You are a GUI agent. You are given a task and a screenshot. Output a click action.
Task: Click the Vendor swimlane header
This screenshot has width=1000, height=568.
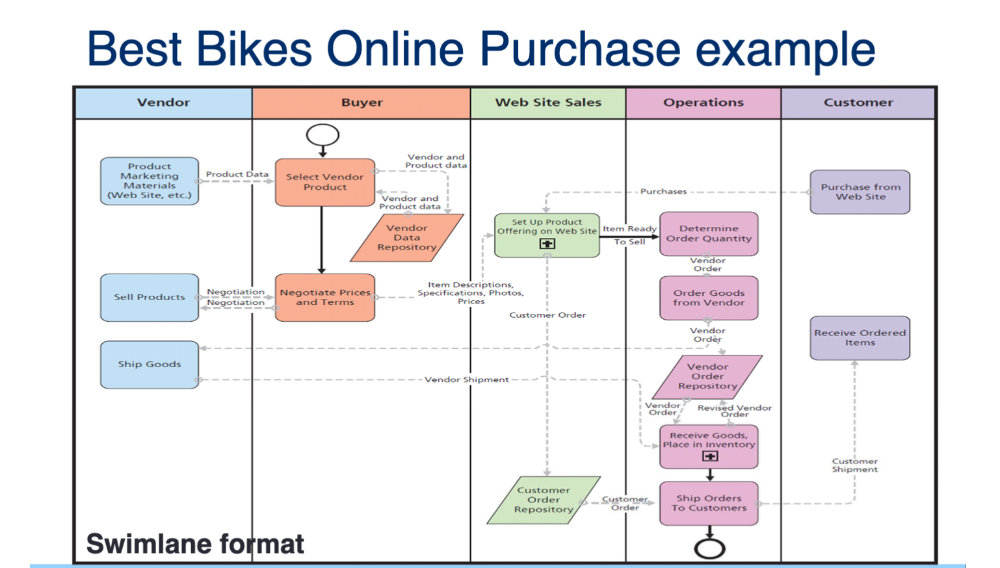[163, 103]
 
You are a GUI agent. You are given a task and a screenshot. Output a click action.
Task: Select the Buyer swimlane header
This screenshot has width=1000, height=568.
[362, 103]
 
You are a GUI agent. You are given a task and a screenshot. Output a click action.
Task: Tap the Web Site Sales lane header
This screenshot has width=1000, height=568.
[547, 103]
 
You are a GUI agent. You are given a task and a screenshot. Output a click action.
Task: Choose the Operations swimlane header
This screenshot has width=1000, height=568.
[703, 103]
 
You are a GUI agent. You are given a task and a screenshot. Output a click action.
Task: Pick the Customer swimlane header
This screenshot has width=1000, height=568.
[858, 103]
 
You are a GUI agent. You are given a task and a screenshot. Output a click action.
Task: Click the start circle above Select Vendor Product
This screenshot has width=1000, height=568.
[322, 135]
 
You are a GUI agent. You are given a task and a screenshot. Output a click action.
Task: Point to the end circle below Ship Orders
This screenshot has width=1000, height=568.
[709, 549]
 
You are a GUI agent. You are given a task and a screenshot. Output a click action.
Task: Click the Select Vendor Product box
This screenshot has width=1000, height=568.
[324, 182]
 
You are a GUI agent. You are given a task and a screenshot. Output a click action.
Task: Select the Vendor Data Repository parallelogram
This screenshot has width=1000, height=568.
[406, 238]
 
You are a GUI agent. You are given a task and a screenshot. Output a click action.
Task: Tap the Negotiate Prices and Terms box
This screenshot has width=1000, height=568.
[324, 298]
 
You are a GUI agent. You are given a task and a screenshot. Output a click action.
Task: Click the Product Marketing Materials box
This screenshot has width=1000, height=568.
[150, 181]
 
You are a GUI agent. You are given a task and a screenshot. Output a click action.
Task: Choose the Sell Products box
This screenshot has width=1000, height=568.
[150, 297]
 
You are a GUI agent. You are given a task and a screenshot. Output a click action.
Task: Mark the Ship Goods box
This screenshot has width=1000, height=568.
[150, 365]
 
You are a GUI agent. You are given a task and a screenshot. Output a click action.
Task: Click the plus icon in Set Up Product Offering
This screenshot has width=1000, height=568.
[547, 244]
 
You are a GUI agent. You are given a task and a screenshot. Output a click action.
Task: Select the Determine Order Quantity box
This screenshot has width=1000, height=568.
[709, 234]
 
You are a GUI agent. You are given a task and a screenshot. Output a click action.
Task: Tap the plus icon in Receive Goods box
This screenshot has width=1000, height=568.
[710, 456]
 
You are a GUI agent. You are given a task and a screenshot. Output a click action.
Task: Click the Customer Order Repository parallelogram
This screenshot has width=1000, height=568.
[544, 500]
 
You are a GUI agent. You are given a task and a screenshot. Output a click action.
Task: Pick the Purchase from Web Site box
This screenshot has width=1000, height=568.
[860, 192]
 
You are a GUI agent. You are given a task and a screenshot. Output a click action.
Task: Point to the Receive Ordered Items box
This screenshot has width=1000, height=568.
[860, 338]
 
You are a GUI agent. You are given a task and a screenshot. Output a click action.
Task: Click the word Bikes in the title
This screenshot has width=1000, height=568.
[255, 49]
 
